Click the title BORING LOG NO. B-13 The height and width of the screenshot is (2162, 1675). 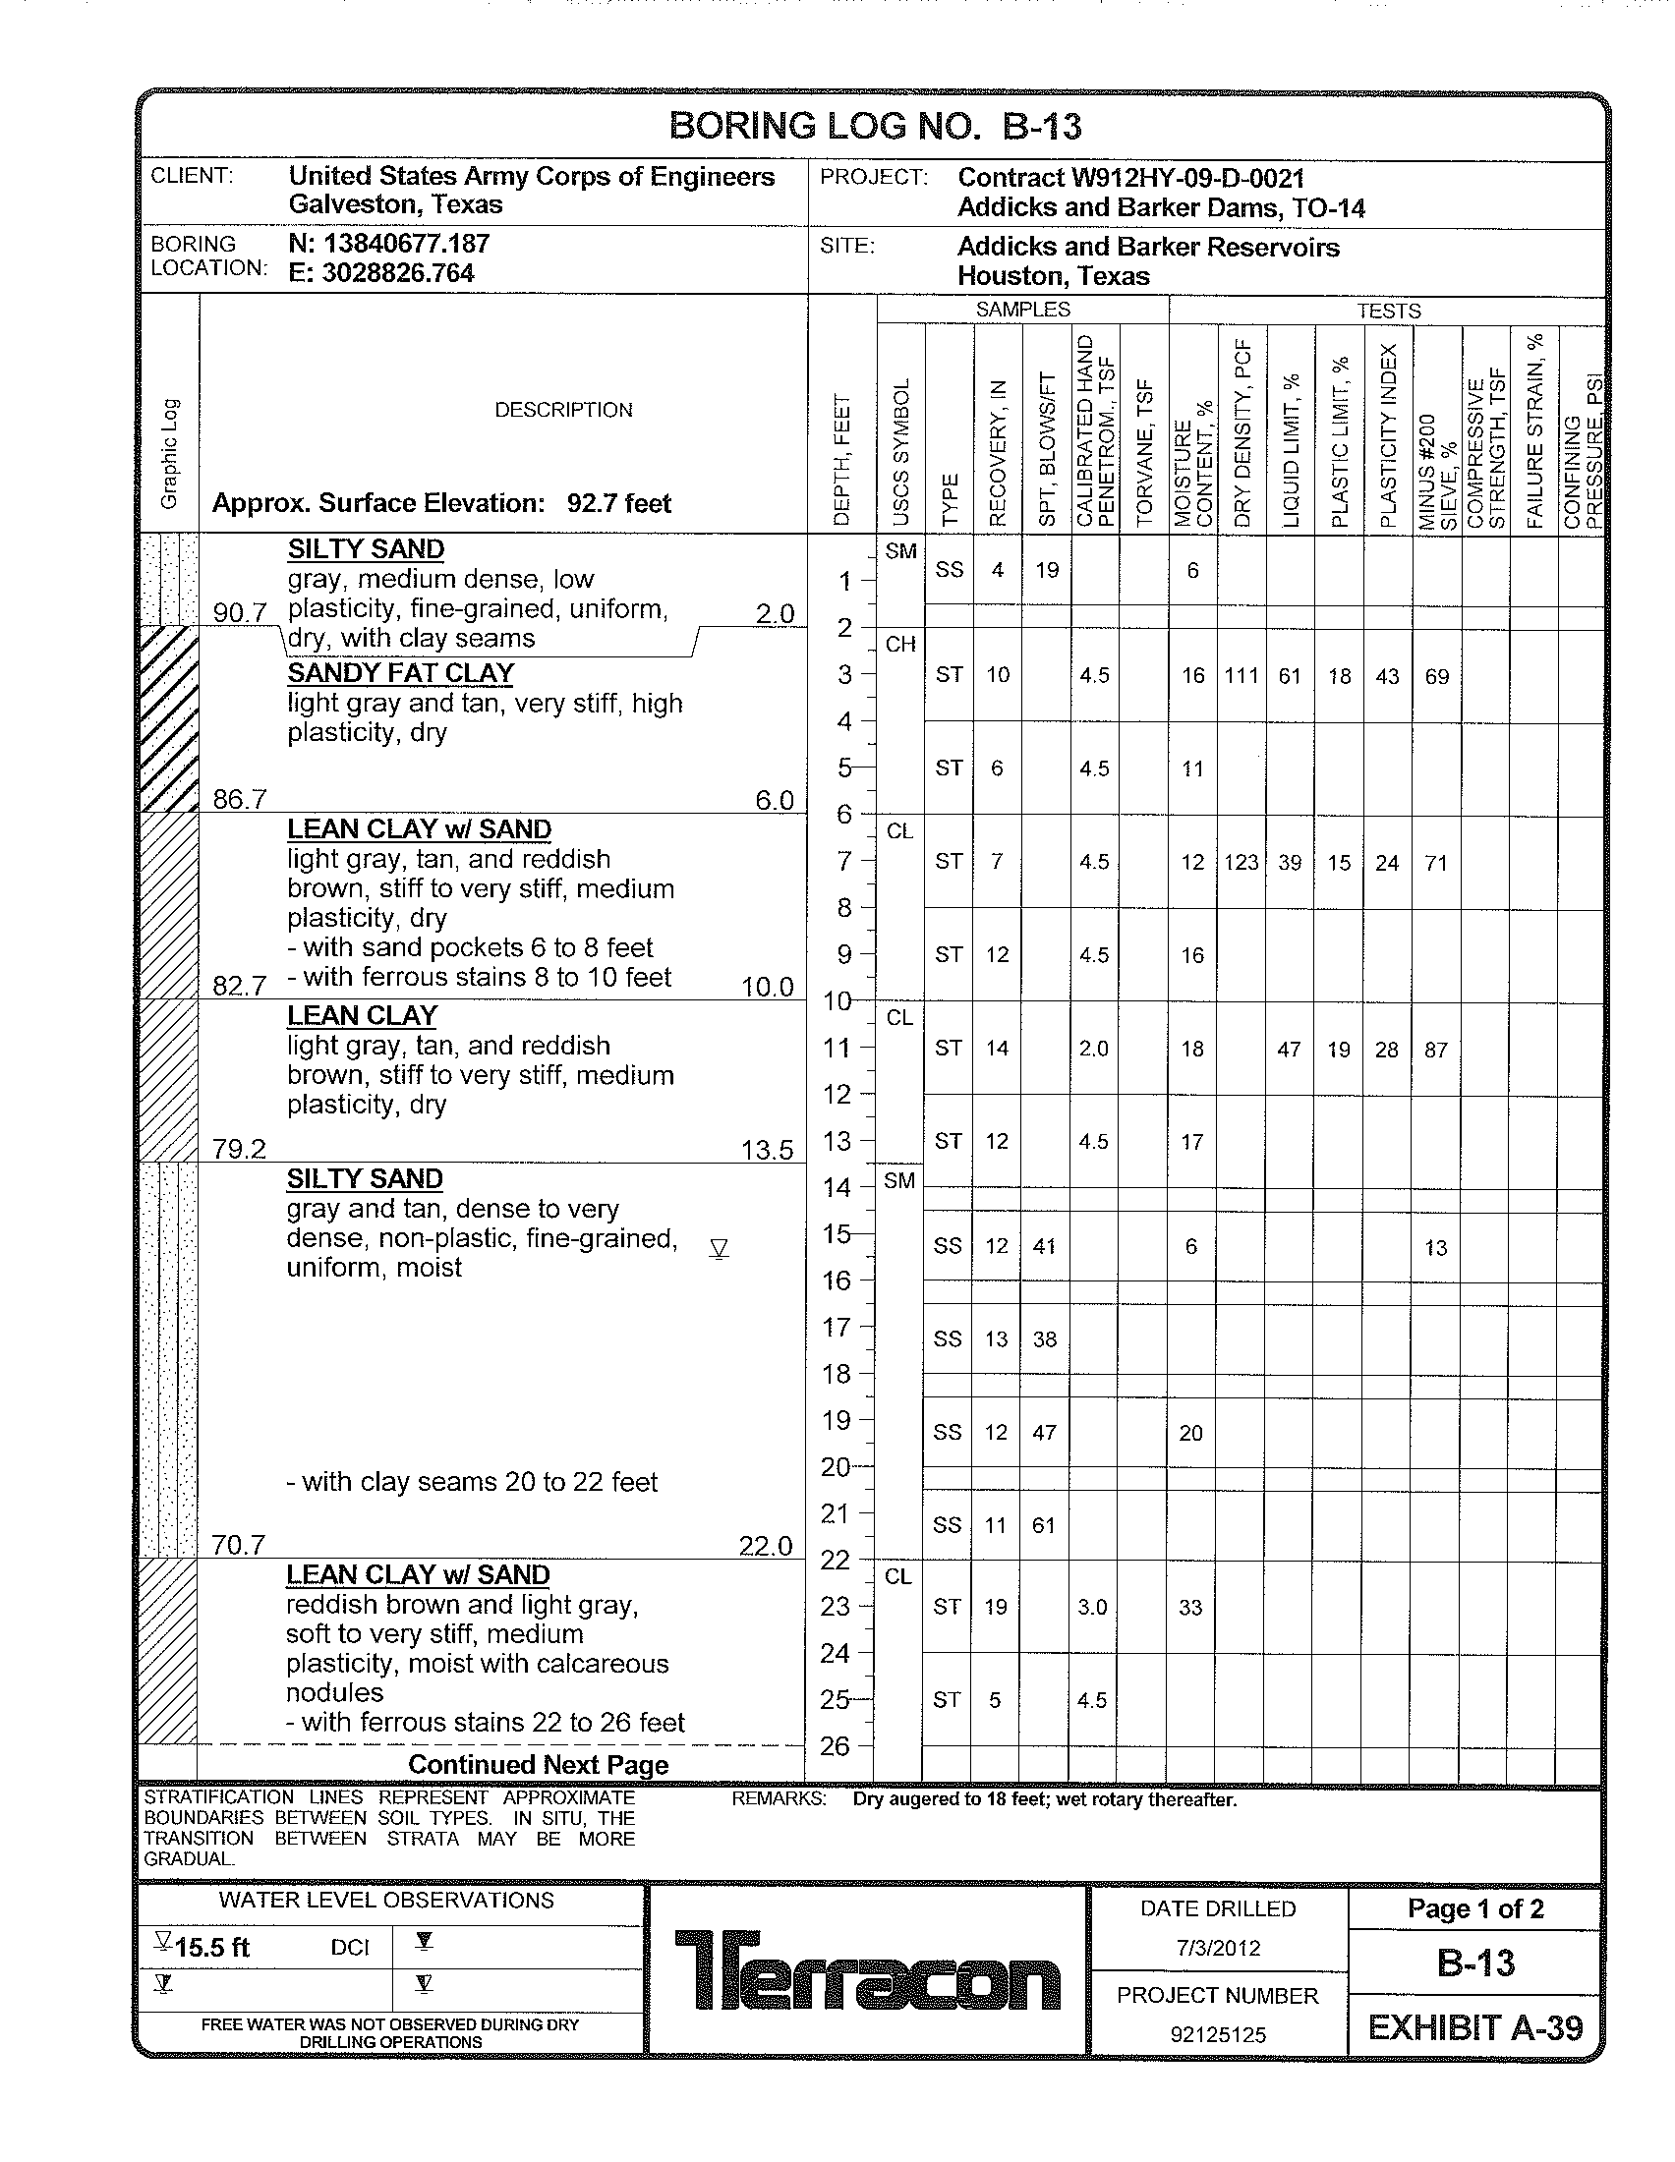click(875, 126)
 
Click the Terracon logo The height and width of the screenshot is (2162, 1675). click(867, 1969)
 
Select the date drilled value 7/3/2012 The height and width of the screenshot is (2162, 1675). click(1218, 1948)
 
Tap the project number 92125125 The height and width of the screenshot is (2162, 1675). click(1218, 2035)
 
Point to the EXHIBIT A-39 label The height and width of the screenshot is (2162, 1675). click(1475, 2027)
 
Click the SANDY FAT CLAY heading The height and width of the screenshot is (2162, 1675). click(400, 673)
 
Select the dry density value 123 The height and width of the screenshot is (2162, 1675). click(1241, 862)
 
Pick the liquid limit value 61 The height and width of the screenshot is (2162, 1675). click(1289, 676)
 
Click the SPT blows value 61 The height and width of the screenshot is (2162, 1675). click(1043, 1525)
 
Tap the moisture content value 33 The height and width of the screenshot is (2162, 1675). click(1190, 1608)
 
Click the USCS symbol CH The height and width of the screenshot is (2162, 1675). click(899, 645)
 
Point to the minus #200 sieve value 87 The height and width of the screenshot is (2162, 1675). click(1435, 1050)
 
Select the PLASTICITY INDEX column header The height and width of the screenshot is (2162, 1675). click(1388, 435)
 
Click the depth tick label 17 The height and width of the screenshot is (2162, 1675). click(837, 1327)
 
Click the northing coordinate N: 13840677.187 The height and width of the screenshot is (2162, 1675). click(389, 244)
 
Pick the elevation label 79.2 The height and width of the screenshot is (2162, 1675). click(239, 1148)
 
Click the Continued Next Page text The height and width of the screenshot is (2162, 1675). click(538, 1765)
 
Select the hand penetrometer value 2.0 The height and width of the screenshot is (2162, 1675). click(1093, 1049)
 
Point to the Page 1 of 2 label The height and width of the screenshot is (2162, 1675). click(1475, 1908)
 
